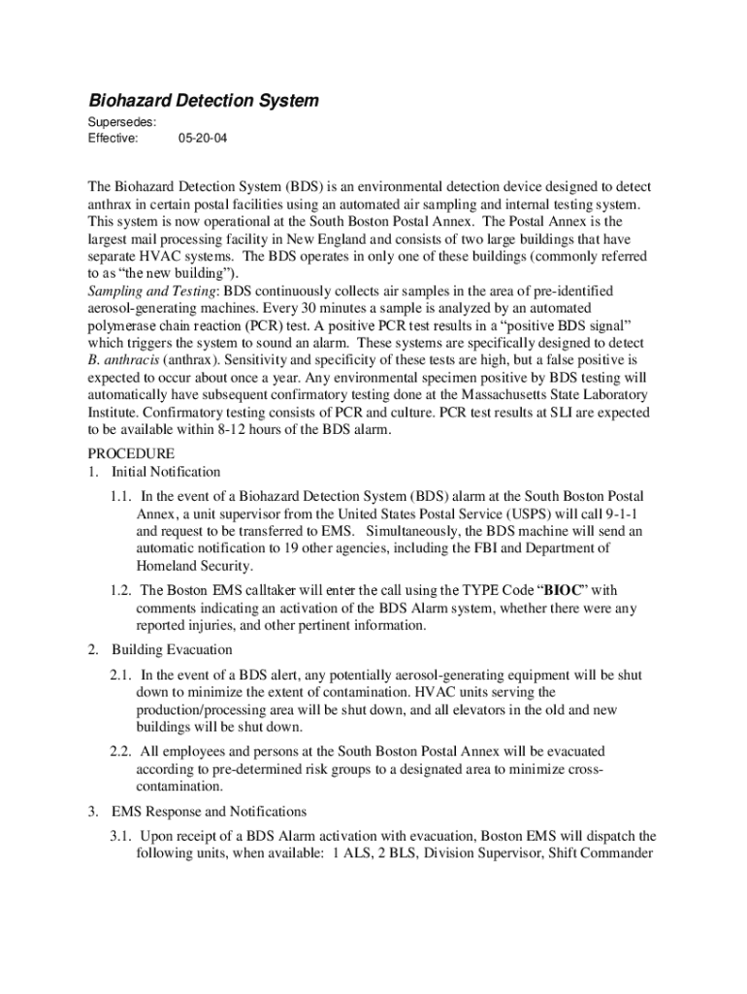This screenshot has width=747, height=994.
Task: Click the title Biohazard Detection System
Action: (x=204, y=101)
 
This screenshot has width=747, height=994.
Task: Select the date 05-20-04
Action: (x=203, y=139)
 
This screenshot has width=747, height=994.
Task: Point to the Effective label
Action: (x=113, y=139)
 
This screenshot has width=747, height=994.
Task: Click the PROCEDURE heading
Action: (x=132, y=453)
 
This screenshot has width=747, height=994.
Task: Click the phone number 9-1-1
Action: (x=633, y=514)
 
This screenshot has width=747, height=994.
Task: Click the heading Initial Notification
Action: (x=166, y=472)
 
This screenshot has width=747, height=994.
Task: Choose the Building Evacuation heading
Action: (x=172, y=649)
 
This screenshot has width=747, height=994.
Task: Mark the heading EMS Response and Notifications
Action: (x=210, y=812)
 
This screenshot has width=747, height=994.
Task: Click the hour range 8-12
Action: (x=250, y=432)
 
